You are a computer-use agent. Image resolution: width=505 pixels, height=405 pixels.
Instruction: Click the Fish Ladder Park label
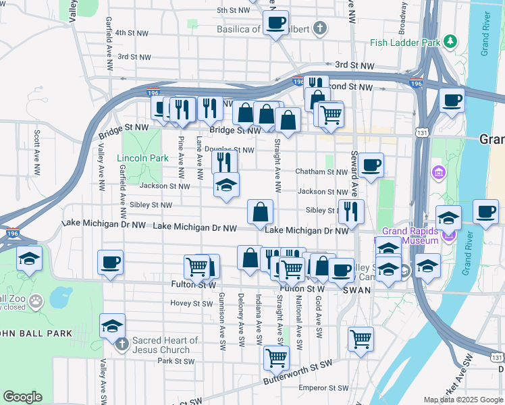click(x=405, y=43)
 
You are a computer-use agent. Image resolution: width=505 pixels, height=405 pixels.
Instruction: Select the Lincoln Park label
click(x=142, y=158)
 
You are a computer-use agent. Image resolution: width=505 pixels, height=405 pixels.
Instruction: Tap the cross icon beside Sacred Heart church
click(x=122, y=345)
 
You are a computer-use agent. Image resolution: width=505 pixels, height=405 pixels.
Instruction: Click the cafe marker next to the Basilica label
click(x=275, y=24)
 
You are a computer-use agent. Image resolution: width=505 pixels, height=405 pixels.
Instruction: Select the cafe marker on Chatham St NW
click(x=370, y=165)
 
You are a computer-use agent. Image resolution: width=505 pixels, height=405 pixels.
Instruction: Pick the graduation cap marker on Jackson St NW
click(x=226, y=185)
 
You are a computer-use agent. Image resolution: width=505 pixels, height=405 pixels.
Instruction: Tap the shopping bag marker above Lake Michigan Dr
click(x=261, y=213)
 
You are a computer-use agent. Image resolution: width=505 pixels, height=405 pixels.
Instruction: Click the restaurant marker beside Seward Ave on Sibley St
click(x=351, y=211)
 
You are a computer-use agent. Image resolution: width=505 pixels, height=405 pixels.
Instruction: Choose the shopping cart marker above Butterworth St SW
click(x=275, y=357)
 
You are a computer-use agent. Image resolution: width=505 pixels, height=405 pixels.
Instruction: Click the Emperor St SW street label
click(x=324, y=388)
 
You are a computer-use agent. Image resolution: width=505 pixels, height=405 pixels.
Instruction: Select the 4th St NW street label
click(x=131, y=32)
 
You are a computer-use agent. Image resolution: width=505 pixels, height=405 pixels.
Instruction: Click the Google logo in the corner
click(x=22, y=397)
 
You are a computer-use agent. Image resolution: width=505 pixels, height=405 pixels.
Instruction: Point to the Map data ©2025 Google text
click(x=462, y=400)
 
